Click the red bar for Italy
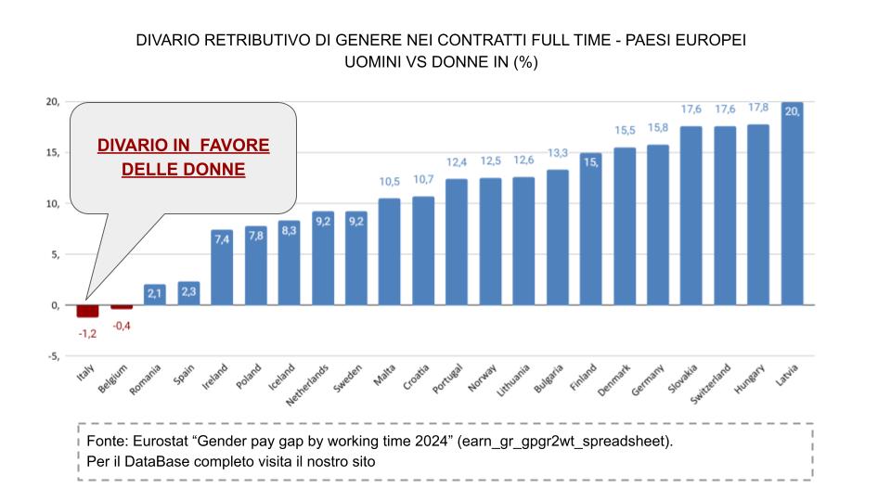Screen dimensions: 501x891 tap(88, 311)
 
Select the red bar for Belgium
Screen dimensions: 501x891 tap(122, 306)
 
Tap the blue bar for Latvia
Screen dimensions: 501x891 tap(793, 204)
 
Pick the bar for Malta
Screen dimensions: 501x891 tap(390, 251)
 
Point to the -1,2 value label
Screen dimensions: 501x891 tap(87, 332)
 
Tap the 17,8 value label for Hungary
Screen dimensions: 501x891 tap(758, 108)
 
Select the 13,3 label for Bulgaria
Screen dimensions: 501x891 tap(557, 153)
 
